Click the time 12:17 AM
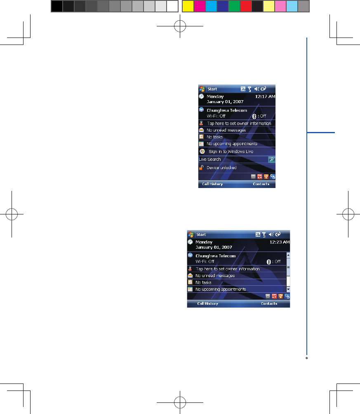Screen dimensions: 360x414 point(265,96)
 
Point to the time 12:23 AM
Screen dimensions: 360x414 point(280,242)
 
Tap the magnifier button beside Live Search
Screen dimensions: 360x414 point(272,160)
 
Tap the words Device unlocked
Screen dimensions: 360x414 point(221,168)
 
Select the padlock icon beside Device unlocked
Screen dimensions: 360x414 point(202,167)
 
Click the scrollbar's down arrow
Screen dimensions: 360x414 point(288,289)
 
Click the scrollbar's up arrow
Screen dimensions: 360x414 point(288,255)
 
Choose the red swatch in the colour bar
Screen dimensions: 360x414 point(246,6)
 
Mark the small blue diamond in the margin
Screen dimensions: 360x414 point(306,358)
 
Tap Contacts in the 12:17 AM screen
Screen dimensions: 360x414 point(261,184)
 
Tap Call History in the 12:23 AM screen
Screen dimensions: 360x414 point(207,303)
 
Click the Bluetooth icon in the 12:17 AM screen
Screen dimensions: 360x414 point(254,116)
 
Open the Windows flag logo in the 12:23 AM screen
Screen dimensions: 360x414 point(191,234)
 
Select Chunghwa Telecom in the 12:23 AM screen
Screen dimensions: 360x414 point(215,256)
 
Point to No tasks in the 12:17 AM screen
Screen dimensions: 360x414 point(214,137)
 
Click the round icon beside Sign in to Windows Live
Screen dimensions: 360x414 point(202,151)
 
